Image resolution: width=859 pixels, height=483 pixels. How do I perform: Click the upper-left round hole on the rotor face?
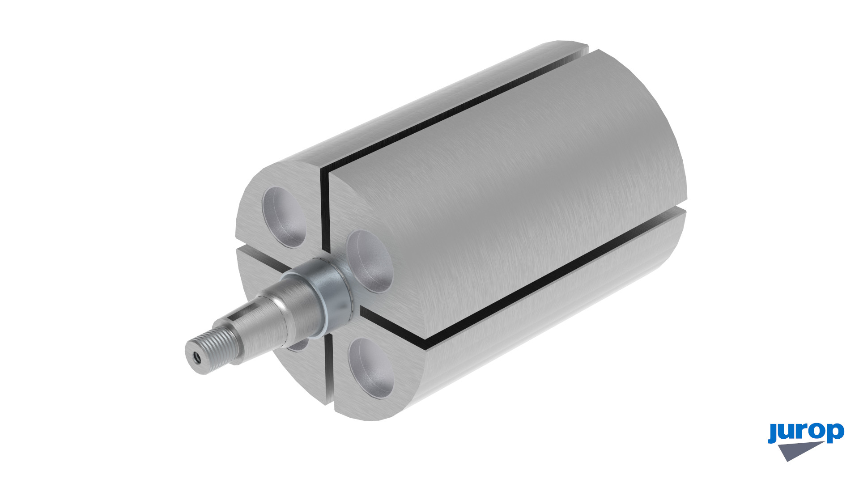pos(285,216)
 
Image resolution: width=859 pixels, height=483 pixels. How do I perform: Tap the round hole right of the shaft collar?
pos(370,262)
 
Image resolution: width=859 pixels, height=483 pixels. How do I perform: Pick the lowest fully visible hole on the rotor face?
pos(371,368)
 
